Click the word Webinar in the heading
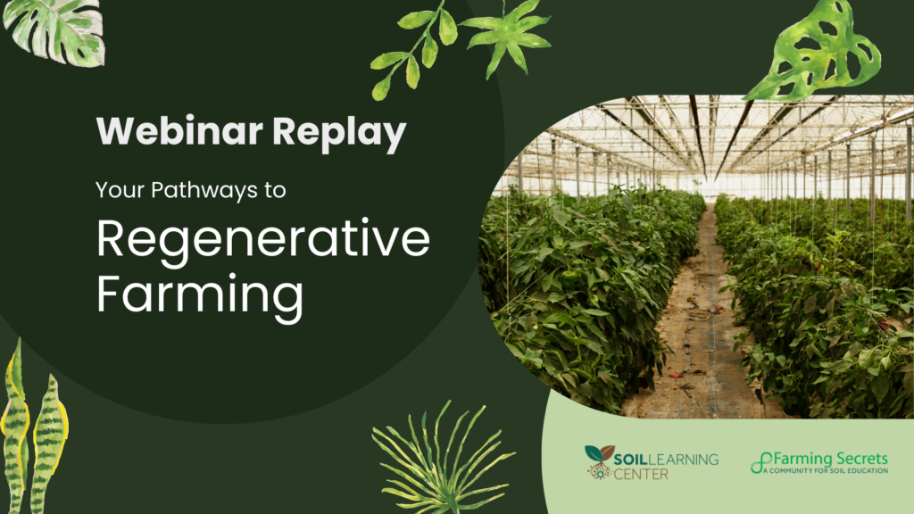pos(179,130)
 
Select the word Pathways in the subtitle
pos(204,191)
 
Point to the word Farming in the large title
pos(200,296)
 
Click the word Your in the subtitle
pos(120,190)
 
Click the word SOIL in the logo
pos(630,460)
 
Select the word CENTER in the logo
pos(641,475)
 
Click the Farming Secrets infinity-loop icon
pos(760,463)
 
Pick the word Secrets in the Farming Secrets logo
pos(860,459)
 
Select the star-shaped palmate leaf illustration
pos(506,36)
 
